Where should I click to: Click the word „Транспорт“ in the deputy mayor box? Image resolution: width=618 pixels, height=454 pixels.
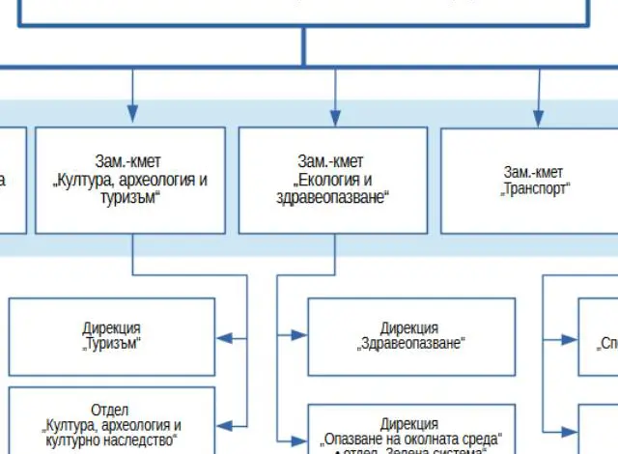(535, 189)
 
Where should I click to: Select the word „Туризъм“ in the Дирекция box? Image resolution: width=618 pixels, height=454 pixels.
(112, 344)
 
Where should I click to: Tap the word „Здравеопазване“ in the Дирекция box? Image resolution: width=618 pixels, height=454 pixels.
(411, 343)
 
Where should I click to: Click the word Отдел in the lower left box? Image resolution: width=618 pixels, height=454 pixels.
(109, 411)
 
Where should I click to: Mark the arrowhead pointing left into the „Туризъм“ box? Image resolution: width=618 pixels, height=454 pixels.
(224, 337)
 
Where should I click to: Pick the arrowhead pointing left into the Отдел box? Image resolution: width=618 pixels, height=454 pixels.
(224, 423)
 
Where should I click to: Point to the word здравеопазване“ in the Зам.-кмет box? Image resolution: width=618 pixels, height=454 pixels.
(332, 197)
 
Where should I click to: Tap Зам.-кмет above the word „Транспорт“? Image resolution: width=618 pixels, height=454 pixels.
(533, 172)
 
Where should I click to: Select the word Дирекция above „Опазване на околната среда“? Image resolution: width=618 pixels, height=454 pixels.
(409, 424)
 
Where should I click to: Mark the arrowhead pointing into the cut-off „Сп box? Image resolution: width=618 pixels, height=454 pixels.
(569, 337)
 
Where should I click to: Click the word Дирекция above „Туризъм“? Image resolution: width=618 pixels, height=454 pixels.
(112, 327)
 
